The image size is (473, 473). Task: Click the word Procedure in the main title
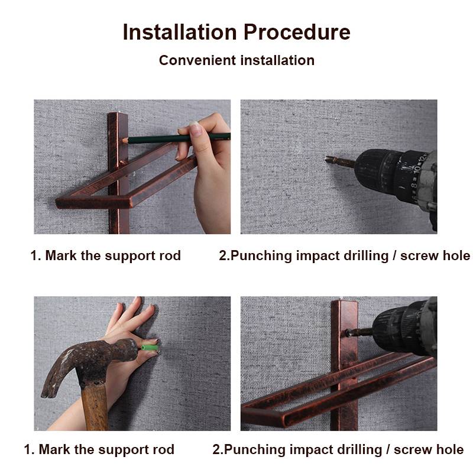coord(297,32)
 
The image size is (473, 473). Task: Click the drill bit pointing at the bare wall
coord(338,160)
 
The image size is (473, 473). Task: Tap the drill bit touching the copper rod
coord(358,332)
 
